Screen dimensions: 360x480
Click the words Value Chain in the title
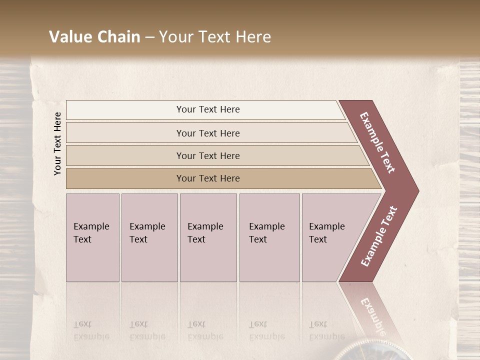click(94, 37)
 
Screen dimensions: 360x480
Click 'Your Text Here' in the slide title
click(215, 37)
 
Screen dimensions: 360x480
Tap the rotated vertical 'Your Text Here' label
click(57, 143)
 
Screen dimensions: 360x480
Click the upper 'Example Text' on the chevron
click(377, 142)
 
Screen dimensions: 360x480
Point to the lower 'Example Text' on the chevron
click(379, 236)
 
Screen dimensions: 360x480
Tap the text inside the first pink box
click(91, 233)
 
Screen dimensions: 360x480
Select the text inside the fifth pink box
click(326, 233)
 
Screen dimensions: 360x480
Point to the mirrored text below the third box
click(205, 330)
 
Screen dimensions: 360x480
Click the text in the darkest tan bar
click(208, 178)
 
